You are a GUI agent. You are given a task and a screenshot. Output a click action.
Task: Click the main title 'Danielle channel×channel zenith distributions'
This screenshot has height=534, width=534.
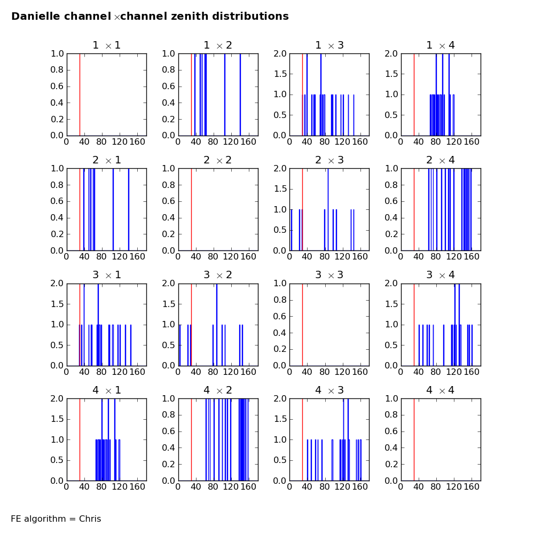[x=150, y=17]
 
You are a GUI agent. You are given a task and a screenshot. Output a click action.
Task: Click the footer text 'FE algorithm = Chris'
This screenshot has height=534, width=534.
[x=56, y=519]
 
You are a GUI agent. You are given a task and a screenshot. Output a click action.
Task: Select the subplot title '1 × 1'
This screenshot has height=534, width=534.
[x=107, y=45]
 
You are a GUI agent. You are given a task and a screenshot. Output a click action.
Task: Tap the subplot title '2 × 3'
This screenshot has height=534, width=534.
[x=329, y=160]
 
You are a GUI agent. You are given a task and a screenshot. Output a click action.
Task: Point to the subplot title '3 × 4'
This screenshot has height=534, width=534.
[x=441, y=275]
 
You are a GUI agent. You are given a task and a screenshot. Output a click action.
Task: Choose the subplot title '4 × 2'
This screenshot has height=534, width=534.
[x=218, y=390]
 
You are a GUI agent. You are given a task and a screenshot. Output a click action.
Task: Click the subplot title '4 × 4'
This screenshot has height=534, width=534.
[x=441, y=390]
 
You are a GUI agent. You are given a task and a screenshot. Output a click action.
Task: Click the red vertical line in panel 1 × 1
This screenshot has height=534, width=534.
[x=80, y=95]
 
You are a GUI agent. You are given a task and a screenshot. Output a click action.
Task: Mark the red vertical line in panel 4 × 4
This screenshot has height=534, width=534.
[x=414, y=439]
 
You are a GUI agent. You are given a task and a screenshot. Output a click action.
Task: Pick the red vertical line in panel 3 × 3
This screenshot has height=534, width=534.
[x=302, y=324]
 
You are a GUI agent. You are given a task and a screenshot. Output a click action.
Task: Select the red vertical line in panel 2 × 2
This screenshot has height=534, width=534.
[x=191, y=209]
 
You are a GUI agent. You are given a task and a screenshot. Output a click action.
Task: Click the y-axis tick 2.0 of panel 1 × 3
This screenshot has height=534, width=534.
[x=280, y=53]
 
